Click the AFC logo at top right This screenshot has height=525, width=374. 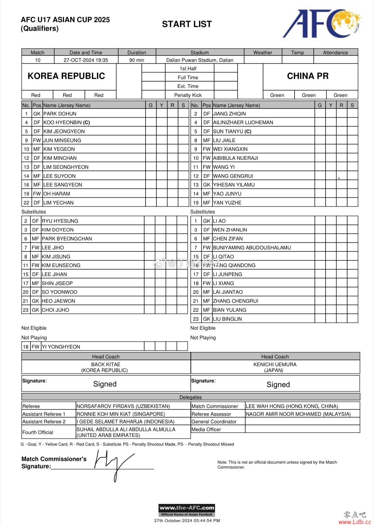click(322, 23)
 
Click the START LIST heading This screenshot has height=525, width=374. click(187, 24)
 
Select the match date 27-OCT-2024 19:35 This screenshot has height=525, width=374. click(86, 60)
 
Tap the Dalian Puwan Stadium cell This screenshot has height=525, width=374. click(199, 60)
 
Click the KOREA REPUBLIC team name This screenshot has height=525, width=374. click(66, 76)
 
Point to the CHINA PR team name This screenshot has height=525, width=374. click(308, 76)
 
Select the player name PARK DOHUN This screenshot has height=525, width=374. click(60, 114)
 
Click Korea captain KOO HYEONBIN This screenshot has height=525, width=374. click(66, 123)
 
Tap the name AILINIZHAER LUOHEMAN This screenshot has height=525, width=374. click(243, 123)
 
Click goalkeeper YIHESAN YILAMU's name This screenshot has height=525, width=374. click(234, 185)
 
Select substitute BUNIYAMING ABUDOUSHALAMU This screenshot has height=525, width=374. click(252, 248)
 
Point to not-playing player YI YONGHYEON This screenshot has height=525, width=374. click(61, 347)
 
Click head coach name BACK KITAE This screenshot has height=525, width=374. click(106, 364)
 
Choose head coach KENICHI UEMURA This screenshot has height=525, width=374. click(275, 364)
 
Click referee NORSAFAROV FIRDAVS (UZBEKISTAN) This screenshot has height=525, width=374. click(123, 406)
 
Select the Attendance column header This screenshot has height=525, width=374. click(335, 52)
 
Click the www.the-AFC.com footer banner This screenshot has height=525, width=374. click(187, 510)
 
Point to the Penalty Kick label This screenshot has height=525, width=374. click(188, 95)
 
